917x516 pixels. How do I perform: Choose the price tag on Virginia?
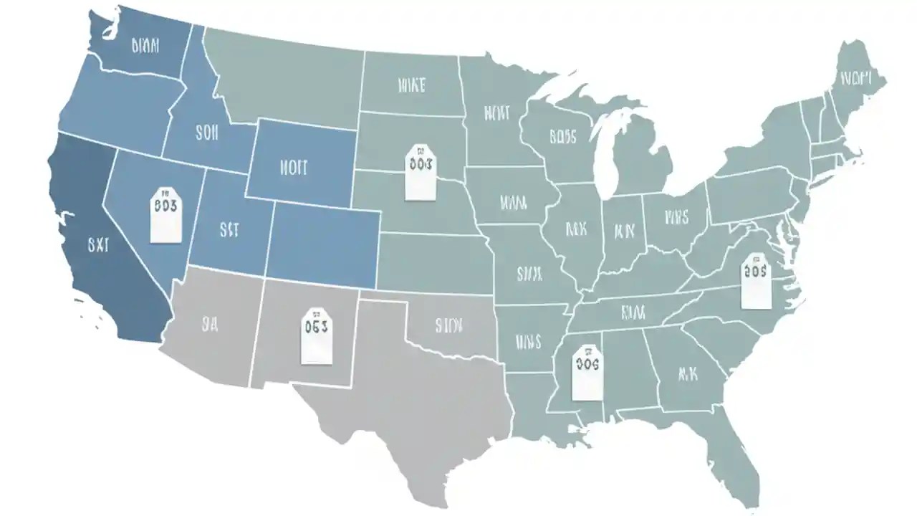point(754,280)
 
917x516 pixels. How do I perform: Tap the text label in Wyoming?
point(292,168)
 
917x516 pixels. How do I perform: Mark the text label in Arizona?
point(209,325)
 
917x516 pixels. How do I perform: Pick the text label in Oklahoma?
point(449,325)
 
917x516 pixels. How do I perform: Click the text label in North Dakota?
point(411,86)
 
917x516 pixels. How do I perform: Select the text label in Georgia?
point(687,373)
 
